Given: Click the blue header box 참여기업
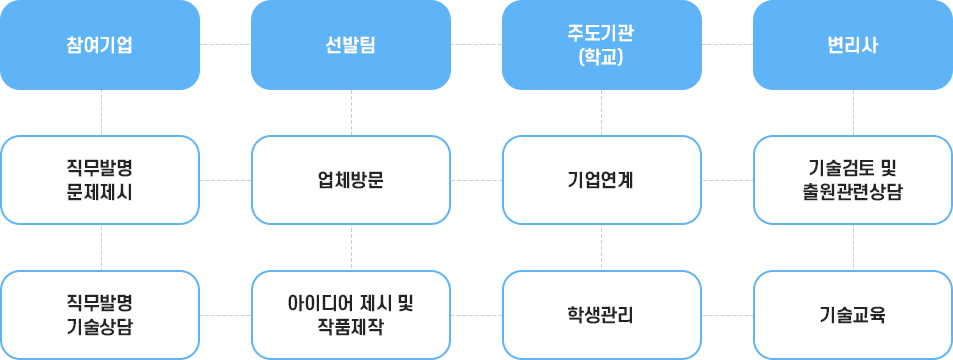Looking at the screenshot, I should pyautogui.click(x=100, y=45).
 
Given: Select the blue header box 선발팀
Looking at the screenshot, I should pyautogui.click(x=350, y=45).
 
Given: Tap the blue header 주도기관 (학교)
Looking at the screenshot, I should pyautogui.click(x=600, y=45).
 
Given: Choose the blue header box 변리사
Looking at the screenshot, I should pyautogui.click(x=852, y=45).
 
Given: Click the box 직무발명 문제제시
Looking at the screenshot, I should pyautogui.click(x=100, y=180).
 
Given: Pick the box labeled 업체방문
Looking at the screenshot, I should pyautogui.click(x=350, y=180).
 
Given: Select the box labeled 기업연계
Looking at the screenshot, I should pyautogui.click(x=601, y=180).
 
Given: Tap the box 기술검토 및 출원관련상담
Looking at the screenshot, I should pyautogui.click(x=852, y=180).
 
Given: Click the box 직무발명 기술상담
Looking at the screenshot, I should pyautogui.click(x=100, y=314).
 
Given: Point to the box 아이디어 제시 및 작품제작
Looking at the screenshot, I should pyautogui.click(x=350, y=314).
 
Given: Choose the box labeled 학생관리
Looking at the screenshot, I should pyautogui.click(x=601, y=314).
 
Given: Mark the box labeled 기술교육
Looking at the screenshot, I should pyautogui.click(x=852, y=314).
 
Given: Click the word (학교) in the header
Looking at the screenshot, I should pyautogui.click(x=601, y=56).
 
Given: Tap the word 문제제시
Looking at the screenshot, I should pyautogui.click(x=100, y=191).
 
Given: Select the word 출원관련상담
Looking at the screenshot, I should pyautogui.click(x=852, y=191).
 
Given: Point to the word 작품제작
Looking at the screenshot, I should pyautogui.click(x=350, y=326).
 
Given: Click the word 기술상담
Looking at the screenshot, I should pyautogui.click(x=100, y=326).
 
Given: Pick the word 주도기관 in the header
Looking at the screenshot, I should pyautogui.click(x=601, y=34).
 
